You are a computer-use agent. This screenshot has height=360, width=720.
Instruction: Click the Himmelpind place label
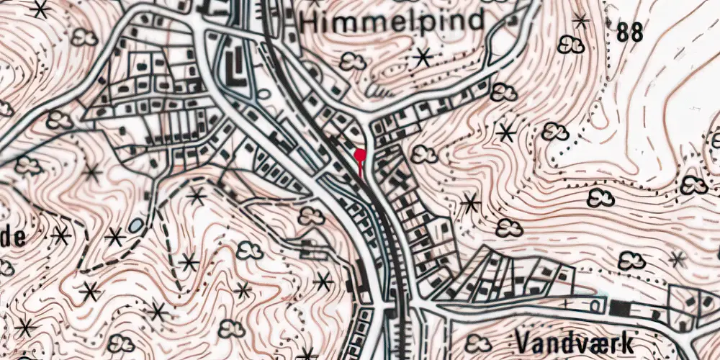pos(392,22)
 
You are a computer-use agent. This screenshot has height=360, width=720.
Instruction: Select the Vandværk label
pos(575,341)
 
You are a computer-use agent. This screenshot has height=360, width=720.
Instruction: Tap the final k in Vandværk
pos(625,341)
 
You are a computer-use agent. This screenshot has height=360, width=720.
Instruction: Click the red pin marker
pos(360,155)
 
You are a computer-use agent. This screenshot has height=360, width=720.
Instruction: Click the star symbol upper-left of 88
pos(580,21)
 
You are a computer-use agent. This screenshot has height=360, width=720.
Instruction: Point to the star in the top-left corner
pos(40,9)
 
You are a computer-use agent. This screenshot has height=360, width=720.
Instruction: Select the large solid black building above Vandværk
pos(618,308)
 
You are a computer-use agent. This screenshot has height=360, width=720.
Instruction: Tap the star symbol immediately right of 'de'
pos(60,235)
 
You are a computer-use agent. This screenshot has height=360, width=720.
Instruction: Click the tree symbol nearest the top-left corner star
pos(85,37)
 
